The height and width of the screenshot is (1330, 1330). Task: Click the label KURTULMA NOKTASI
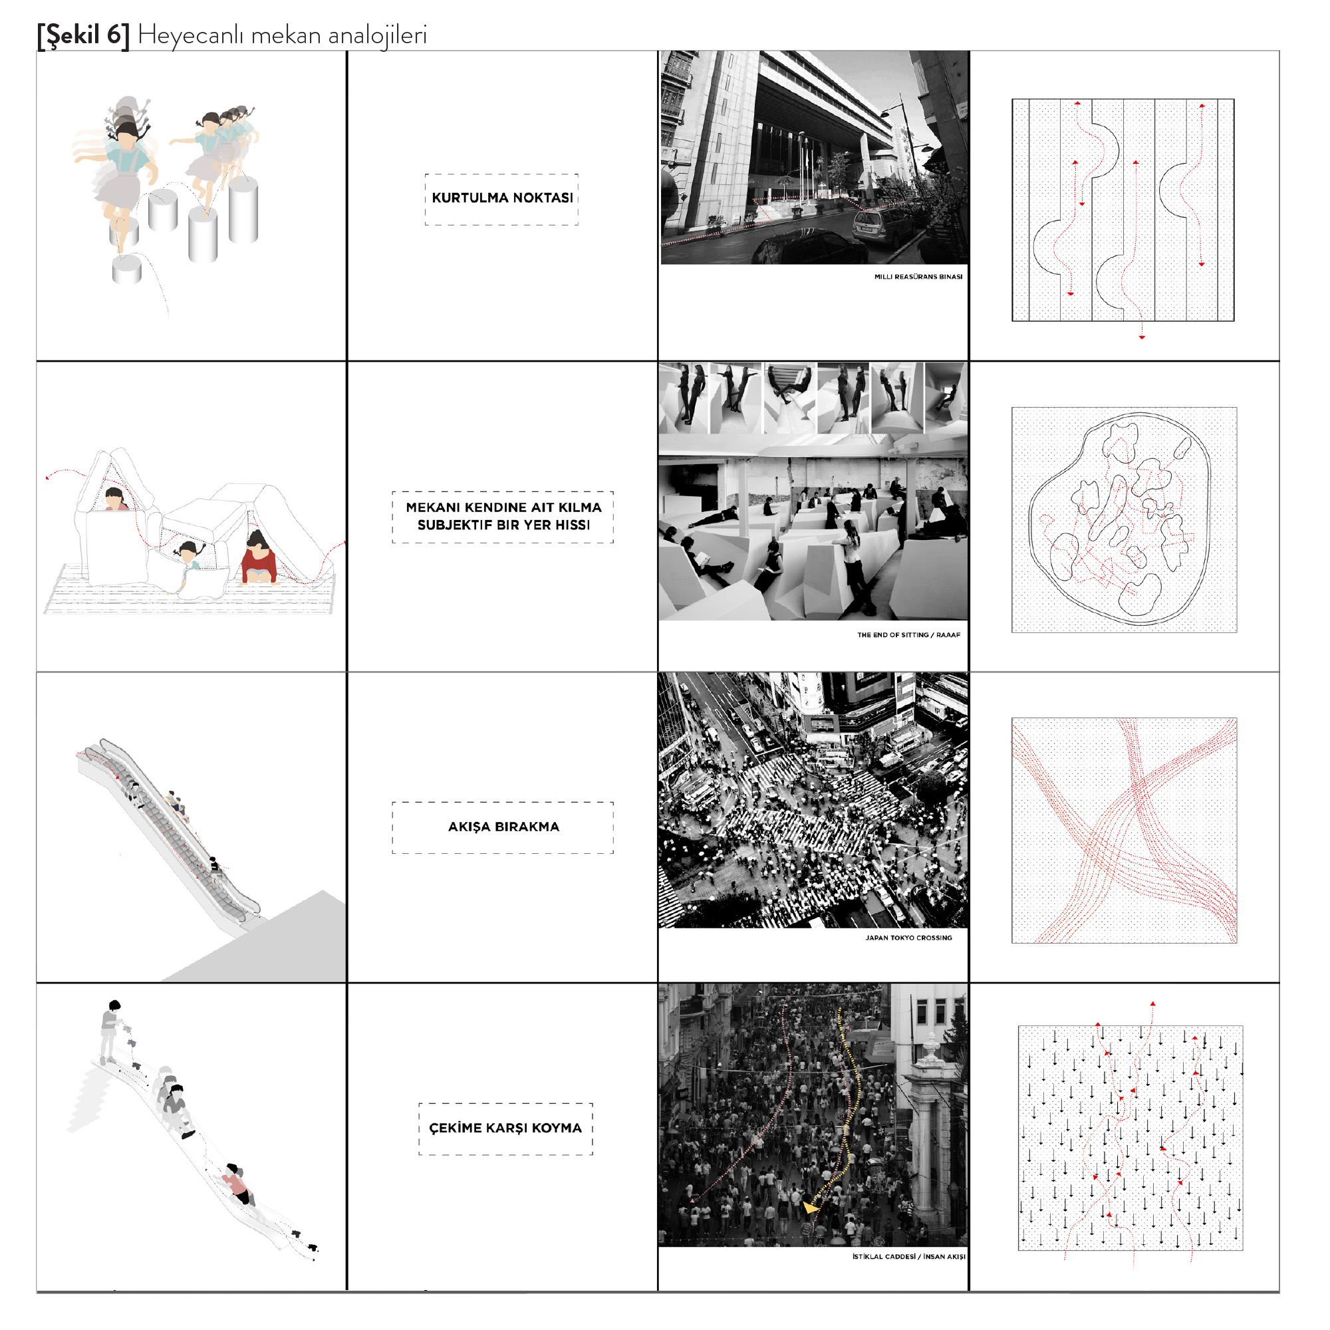pyautogui.click(x=502, y=198)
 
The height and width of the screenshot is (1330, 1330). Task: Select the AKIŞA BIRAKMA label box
pyautogui.click(x=503, y=827)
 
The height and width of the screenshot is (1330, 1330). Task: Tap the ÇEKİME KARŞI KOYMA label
pyautogui.click(x=505, y=1128)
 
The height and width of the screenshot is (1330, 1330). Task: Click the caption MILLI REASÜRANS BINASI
pyautogui.click(x=918, y=277)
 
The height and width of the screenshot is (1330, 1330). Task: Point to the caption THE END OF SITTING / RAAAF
pyautogui.click(x=908, y=634)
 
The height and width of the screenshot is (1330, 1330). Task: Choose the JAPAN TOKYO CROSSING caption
pyautogui.click(x=908, y=938)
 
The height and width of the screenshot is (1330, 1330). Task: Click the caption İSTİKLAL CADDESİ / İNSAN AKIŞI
pyautogui.click(x=908, y=1256)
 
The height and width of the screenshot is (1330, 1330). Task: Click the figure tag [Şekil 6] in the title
pyautogui.click(x=83, y=35)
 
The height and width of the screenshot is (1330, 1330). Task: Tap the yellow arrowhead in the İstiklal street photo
pyautogui.click(x=811, y=1208)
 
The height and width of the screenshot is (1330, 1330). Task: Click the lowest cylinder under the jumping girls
pyautogui.click(x=126, y=269)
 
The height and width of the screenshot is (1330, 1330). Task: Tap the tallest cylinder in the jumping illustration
pyautogui.click(x=243, y=209)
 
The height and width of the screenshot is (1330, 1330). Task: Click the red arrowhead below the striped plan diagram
pyautogui.click(x=1141, y=337)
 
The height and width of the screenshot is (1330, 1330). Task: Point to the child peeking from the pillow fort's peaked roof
pyautogui.click(x=115, y=498)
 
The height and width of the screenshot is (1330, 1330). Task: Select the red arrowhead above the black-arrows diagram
pyautogui.click(x=1152, y=1004)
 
